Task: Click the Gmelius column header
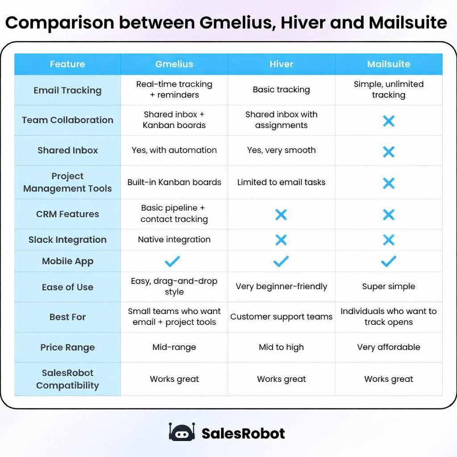[174, 64]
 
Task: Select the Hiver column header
[281, 64]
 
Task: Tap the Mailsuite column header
[388, 64]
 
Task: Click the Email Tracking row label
[67, 90]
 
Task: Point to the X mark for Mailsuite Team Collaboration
[389, 120]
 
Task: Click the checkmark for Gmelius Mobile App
[172, 262]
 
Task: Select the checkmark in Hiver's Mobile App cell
[281, 262]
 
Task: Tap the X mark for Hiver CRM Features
[281, 215]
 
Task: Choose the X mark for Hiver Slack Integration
[281, 240]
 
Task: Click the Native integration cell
[174, 240]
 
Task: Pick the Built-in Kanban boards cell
[174, 182]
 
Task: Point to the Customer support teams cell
[281, 317]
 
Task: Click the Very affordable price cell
[388, 347]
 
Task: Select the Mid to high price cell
[281, 347]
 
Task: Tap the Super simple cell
[388, 287]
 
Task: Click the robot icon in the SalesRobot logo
[182, 432]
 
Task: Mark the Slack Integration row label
[67, 240]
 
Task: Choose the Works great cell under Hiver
[281, 379]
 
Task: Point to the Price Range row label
[67, 347]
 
